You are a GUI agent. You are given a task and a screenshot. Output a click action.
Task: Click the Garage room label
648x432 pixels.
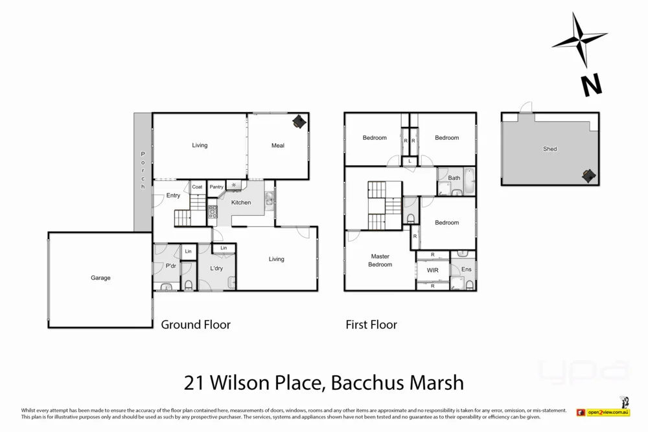[100, 278]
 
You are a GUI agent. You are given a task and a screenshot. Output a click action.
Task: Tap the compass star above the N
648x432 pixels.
[578, 40]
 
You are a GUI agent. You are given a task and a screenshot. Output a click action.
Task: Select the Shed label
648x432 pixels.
[550, 149]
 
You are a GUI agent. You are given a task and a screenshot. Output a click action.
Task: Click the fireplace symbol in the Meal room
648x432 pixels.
[299, 122]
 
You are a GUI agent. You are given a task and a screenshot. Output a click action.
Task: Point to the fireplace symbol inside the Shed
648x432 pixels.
[588, 176]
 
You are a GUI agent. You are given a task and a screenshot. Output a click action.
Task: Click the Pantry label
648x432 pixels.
[216, 187]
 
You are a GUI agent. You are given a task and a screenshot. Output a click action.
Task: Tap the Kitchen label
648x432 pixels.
[241, 203]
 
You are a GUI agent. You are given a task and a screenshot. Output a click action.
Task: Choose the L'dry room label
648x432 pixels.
[216, 268]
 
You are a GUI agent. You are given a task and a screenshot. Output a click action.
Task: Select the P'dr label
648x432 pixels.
[171, 266]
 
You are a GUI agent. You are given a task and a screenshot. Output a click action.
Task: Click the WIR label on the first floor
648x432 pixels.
[433, 270]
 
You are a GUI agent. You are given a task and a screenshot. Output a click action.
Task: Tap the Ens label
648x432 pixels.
[466, 269]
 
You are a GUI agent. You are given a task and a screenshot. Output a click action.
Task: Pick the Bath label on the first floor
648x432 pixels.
[454, 178]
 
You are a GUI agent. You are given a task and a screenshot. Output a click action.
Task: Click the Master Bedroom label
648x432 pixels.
[380, 260]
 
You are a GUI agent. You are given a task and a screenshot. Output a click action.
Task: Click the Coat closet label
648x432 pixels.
[197, 187]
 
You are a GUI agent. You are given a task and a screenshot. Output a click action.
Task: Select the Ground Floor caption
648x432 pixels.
[196, 324]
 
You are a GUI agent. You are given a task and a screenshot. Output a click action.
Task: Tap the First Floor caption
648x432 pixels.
[371, 324]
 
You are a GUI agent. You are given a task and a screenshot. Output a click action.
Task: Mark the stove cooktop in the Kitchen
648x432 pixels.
[212, 210]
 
